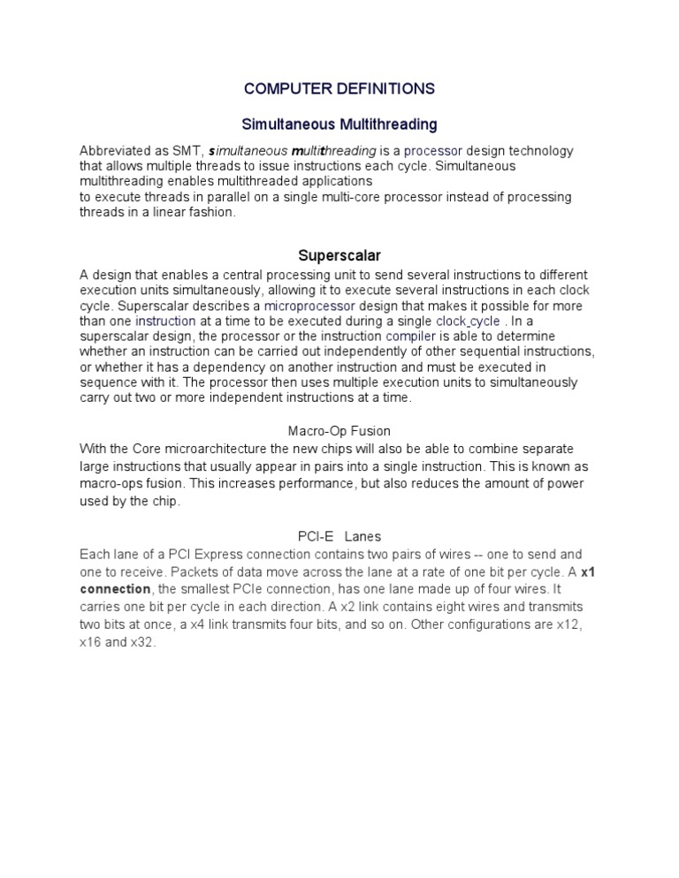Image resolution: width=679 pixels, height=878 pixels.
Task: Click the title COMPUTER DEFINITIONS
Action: click(339, 88)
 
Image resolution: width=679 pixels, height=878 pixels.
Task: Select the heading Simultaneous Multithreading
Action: click(339, 124)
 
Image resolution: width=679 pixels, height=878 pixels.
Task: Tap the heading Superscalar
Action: click(339, 256)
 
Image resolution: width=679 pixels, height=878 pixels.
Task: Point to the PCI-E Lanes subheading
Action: click(339, 536)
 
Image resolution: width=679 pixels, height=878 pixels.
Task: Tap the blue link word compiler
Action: click(411, 337)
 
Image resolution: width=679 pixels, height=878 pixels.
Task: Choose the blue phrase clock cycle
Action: click(469, 322)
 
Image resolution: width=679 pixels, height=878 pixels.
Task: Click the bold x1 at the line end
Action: click(587, 571)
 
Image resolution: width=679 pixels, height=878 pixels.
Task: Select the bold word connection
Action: click(116, 589)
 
